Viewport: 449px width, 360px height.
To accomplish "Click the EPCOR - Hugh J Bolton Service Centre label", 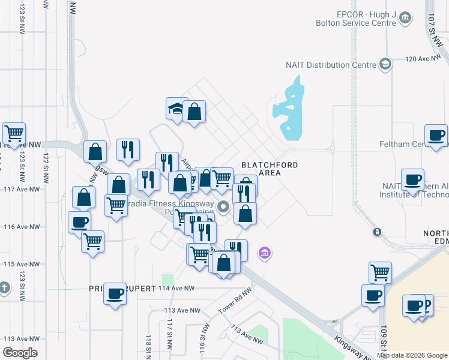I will (x=359, y=17).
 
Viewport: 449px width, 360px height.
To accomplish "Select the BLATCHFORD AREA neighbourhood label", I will (x=261, y=168).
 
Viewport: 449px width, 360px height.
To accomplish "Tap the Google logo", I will (x=20, y=353).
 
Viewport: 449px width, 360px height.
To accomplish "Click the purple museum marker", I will (x=264, y=254).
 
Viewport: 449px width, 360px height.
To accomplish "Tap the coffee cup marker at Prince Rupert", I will (x=115, y=295).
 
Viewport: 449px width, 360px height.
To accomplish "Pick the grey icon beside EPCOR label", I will (x=405, y=18).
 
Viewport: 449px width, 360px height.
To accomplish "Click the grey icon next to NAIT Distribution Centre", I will (x=385, y=65).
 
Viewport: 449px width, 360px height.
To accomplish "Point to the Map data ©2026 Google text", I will (x=412, y=355).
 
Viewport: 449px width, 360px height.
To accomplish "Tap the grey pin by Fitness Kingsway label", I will (x=224, y=208).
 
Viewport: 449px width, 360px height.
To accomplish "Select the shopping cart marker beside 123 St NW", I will (x=14, y=134).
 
